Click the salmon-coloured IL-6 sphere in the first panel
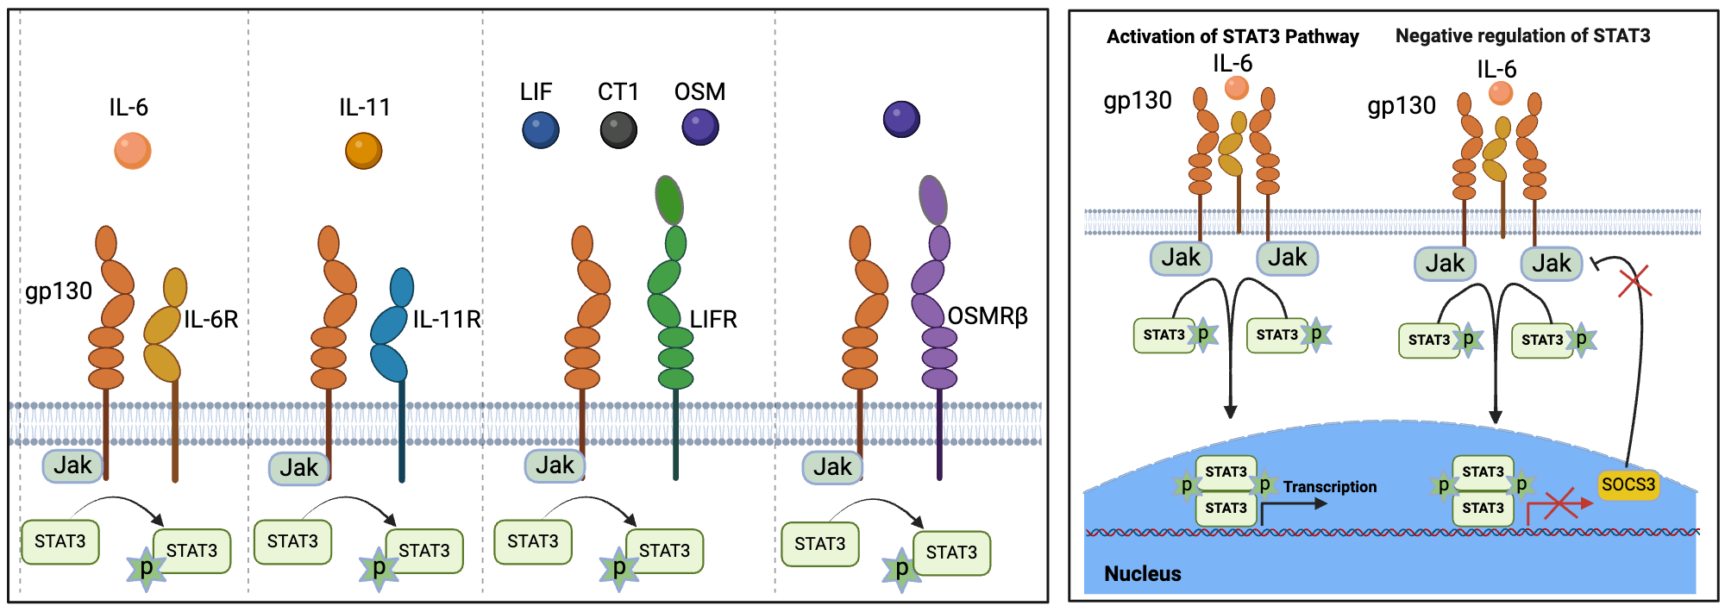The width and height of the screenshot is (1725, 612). [x=133, y=151]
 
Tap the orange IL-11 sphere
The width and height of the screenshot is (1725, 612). [x=363, y=151]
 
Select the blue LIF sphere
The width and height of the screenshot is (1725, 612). [x=541, y=130]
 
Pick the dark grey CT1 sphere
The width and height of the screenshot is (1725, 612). [x=618, y=130]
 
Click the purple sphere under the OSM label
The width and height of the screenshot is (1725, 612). [x=700, y=128]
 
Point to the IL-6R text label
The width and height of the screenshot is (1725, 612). [x=211, y=320]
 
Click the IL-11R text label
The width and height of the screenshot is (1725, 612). [x=446, y=320]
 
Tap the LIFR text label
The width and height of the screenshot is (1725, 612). [x=713, y=320]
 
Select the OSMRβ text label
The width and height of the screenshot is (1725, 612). [x=988, y=316]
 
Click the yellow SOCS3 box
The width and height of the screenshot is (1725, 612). [x=1628, y=484]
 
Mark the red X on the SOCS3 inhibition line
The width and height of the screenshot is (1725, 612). [x=1634, y=283]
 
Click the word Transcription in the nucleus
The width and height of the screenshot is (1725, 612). [x=1329, y=487]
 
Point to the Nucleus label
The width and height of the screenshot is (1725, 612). [x=1142, y=574]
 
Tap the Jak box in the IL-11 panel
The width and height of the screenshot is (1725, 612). [x=298, y=468]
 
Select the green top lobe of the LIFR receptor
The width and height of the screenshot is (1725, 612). [x=669, y=199]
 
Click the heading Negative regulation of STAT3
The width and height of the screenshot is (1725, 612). [x=1522, y=36]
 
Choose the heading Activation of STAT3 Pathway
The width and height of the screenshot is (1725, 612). [x=1232, y=37]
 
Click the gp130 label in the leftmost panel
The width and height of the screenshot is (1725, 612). [x=59, y=291]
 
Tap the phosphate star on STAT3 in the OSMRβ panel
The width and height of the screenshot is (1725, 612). [x=901, y=570]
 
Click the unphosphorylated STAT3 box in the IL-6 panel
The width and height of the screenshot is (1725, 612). [x=60, y=542]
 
